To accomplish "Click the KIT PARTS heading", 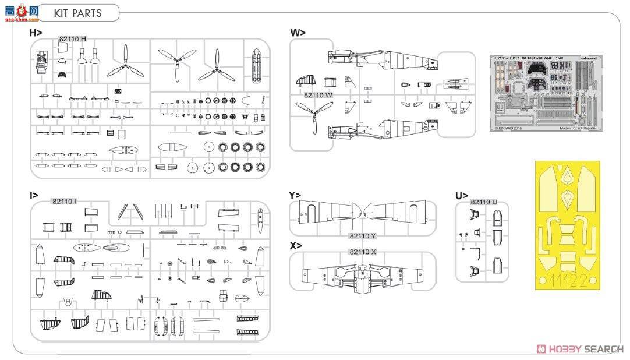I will pyautogui.click(x=77, y=13).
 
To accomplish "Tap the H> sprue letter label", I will pyautogui.click(x=36, y=33).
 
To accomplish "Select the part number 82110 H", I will pyautogui.click(x=73, y=40).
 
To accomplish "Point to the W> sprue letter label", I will pyautogui.click(x=298, y=33).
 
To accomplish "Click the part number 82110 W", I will pyautogui.click(x=318, y=95).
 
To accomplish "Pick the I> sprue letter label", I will pyautogui.click(x=34, y=195).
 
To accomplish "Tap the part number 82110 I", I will pyautogui.click(x=64, y=202).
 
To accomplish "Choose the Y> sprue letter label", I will pyautogui.click(x=295, y=195).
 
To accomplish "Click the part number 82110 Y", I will pyautogui.click(x=363, y=236).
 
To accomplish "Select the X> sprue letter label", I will pyautogui.click(x=295, y=246).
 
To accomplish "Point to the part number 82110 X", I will pyautogui.click(x=363, y=252).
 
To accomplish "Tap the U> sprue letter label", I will pyautogui.click(x=462, y=195).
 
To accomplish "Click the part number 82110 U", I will pyautogui.click(x=483, y=202).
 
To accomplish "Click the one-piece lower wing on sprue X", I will pyautogui.click(x=363, y=277).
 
